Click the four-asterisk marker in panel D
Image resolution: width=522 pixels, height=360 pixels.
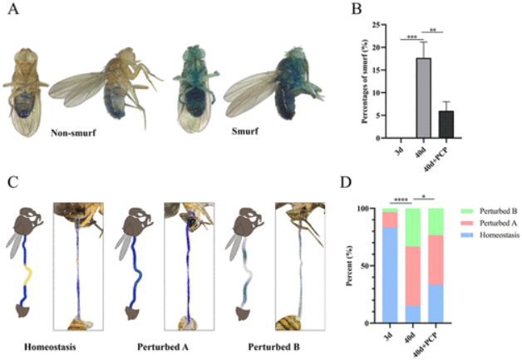[400, 200]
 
